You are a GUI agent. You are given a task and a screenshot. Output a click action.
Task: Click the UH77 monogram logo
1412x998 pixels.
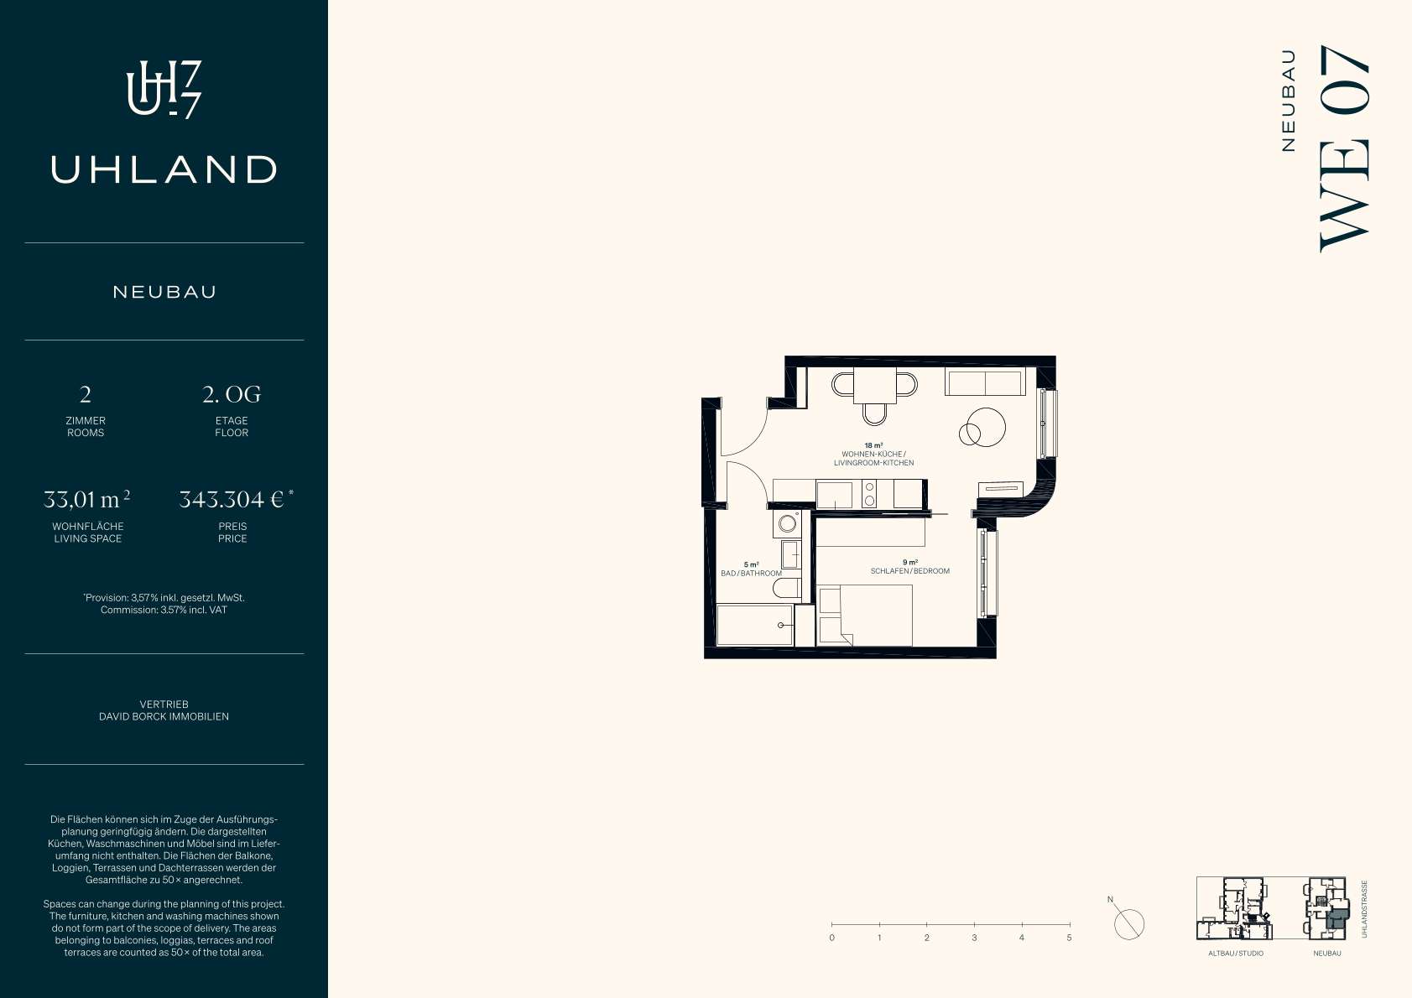(164, 90)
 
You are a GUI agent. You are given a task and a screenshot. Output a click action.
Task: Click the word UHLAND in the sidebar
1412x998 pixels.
(164, 169)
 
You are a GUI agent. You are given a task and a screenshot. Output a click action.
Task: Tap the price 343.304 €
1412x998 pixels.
(232, 500)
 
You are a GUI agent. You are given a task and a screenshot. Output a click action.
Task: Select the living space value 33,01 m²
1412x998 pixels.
(87, 500)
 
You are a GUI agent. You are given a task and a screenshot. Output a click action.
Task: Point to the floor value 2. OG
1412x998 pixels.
(232, 394)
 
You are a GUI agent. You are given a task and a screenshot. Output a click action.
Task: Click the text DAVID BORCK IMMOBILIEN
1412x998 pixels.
(164, 716)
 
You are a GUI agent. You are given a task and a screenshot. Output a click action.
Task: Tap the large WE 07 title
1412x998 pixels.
(1344, 148)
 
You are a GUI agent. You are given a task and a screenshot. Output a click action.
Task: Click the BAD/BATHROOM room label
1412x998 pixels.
(752, 574)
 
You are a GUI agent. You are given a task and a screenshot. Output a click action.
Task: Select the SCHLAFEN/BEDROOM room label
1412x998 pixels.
(909, 571)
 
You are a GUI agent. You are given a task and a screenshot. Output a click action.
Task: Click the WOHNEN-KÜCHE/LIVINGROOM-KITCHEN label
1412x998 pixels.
(873, 458)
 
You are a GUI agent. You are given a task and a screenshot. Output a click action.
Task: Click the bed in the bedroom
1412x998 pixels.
(864, 616)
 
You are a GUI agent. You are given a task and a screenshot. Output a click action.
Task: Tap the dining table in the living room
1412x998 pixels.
(875, 385)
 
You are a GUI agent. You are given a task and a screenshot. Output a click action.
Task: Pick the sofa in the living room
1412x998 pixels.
(985, 382)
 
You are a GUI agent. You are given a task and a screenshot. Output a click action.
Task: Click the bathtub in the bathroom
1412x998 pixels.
(754, 625)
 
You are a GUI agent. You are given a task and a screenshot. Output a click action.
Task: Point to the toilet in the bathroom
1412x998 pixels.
(787, 589)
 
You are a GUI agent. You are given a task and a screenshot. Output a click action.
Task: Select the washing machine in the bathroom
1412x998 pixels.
(787, 523)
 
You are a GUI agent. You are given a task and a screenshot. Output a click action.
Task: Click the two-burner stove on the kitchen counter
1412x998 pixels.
(869, 494)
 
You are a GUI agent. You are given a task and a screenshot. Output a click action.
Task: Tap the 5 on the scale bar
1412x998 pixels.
(1069, 938)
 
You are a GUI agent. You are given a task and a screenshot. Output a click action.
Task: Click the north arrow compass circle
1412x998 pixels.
(1129, 924)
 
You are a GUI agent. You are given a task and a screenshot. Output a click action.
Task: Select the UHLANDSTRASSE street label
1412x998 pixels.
(1365, 909)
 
